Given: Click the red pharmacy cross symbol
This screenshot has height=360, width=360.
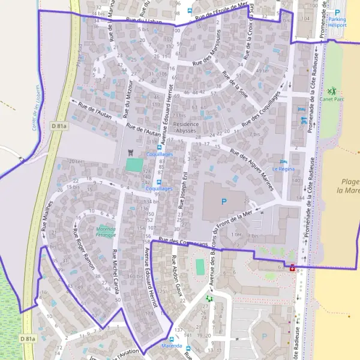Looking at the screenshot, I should [292, 268].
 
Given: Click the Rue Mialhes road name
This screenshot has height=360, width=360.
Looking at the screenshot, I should [47, 216].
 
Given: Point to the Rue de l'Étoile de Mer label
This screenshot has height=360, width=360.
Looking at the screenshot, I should [222, 12].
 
